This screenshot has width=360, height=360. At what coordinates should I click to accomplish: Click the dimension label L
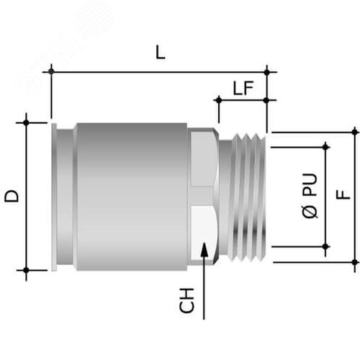[x=161, y=53]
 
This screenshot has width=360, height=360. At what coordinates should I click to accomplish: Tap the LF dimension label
[x=243, y=88]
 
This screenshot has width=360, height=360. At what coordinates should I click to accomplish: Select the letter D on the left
[x=12, y=196]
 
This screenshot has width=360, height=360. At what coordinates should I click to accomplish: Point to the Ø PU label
[x=310, y=196]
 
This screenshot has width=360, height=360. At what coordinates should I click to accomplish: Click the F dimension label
[x=343, y=194]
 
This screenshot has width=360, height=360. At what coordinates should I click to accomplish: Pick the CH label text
[x=186, y=300]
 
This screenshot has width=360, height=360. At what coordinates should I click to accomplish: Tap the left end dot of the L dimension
[x=51, y=71]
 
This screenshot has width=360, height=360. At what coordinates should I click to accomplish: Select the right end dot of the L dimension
[x=267, y=72]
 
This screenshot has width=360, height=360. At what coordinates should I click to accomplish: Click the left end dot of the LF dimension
[x=219, y=100]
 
